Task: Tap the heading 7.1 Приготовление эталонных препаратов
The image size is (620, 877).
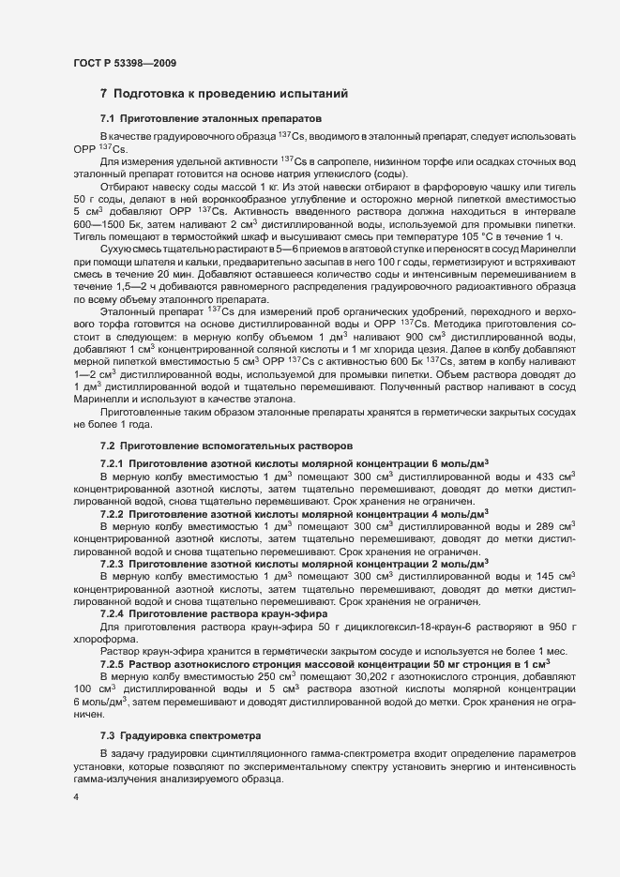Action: click(x=211, y=119)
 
